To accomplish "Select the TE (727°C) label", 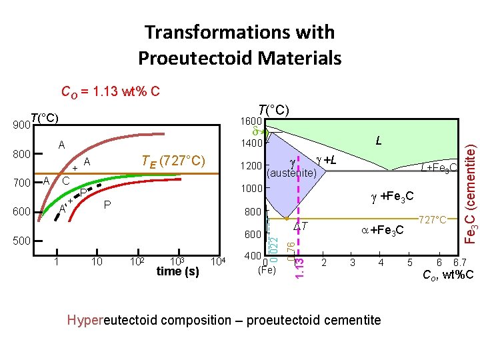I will click(172, 161).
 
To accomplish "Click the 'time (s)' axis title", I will click(177, 271).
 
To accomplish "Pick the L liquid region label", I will click(378, 141).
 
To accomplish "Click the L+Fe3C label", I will click(438, 167).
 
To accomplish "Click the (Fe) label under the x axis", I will click(267, 270).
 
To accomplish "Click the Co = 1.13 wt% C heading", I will click(110, 91).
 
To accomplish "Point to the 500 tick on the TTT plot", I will click(22, 241).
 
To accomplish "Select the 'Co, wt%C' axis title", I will click(448, 275).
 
